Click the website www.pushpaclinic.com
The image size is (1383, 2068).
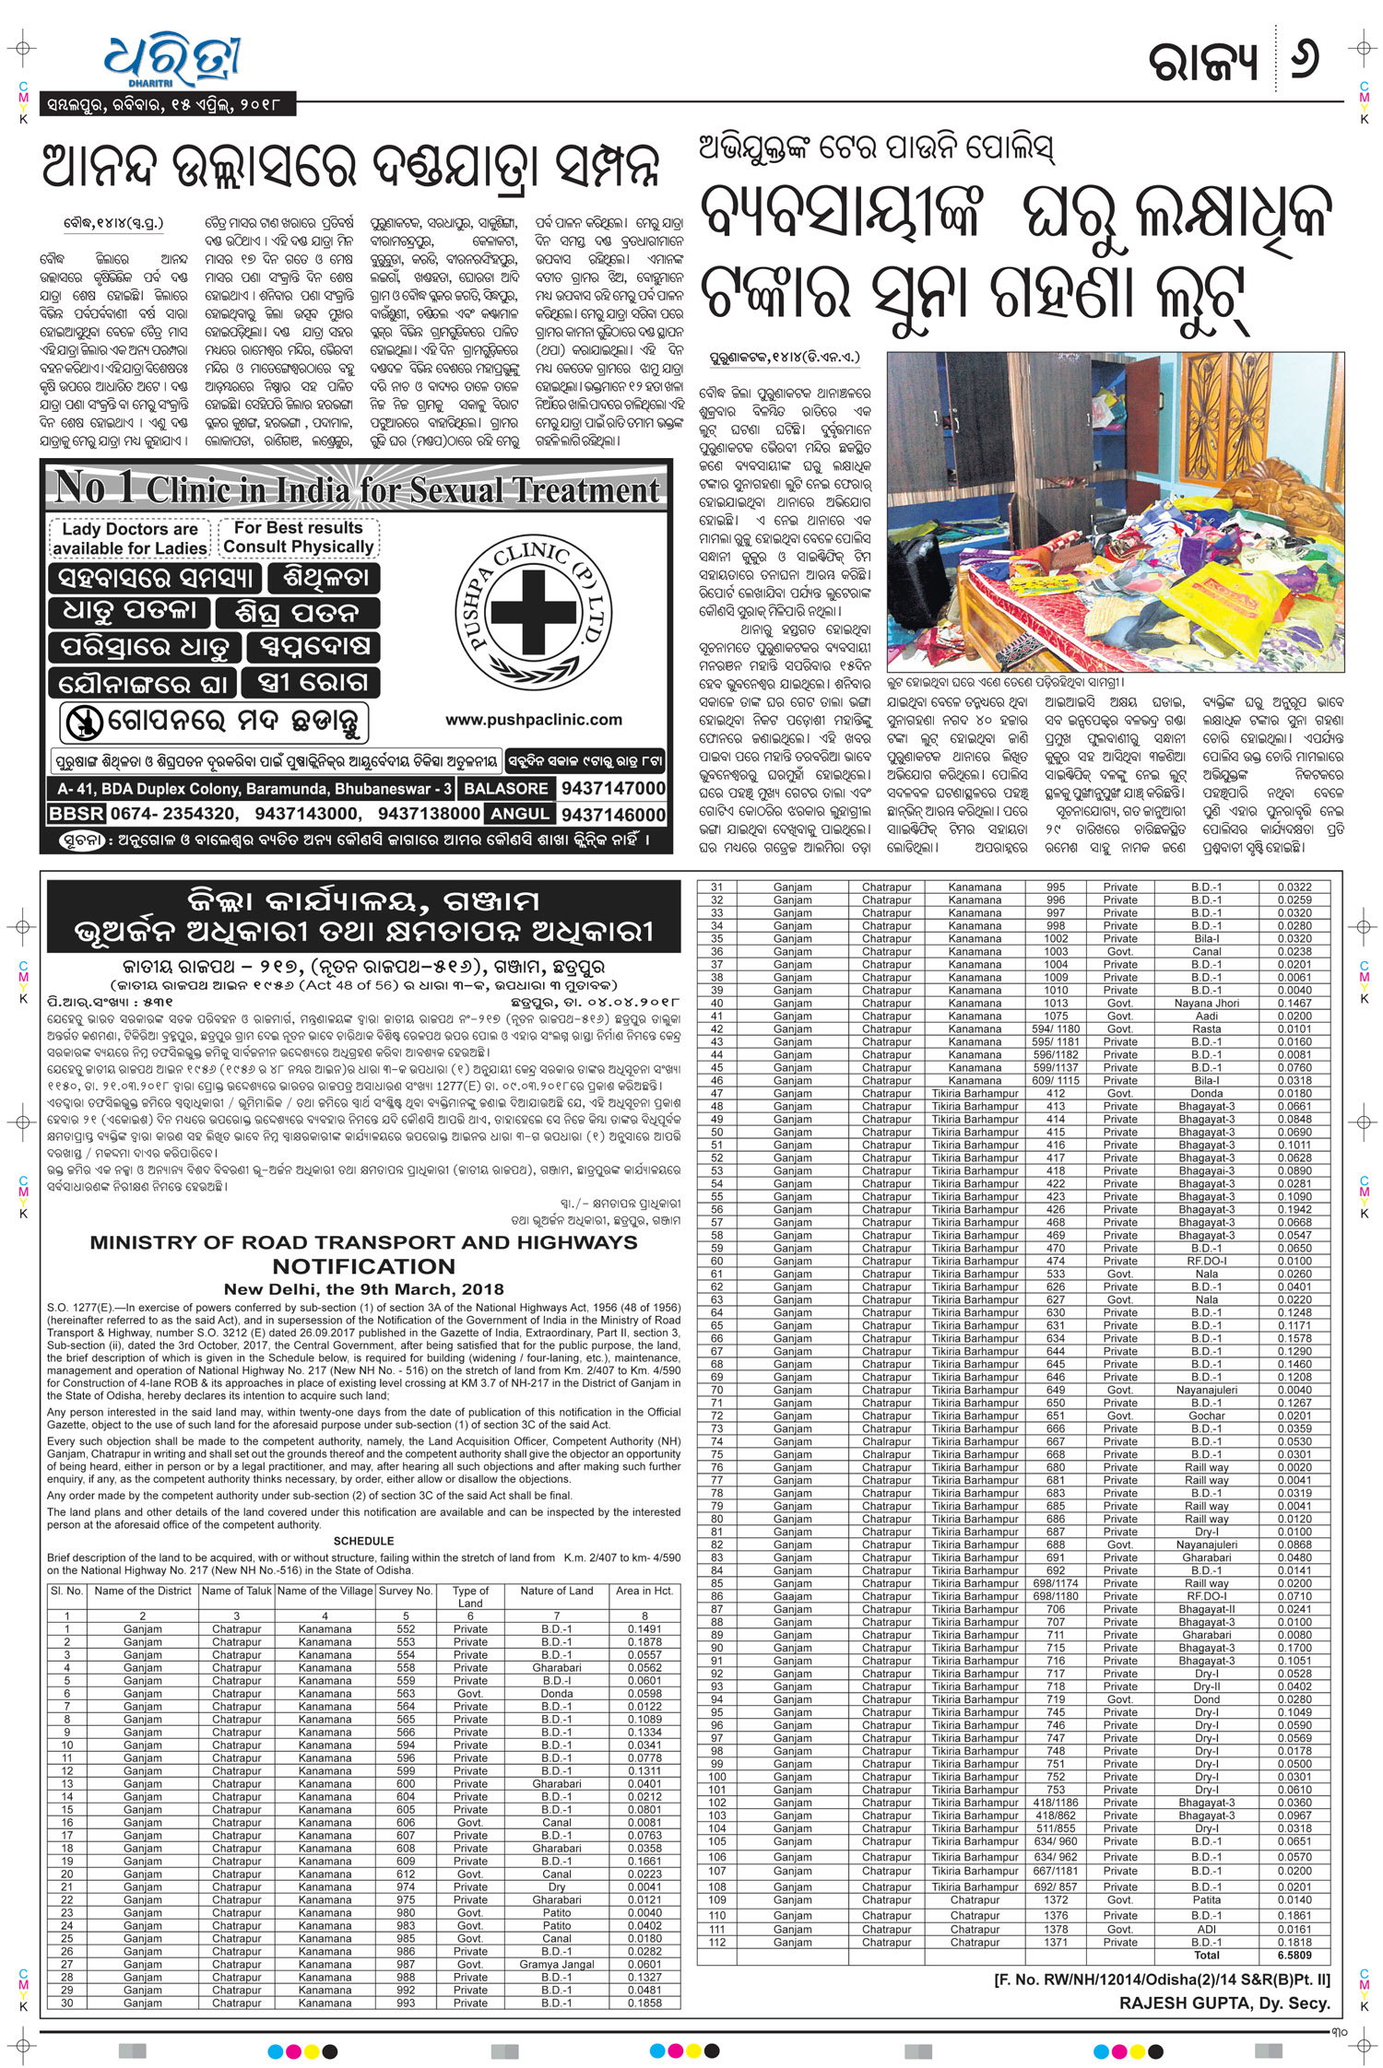533,720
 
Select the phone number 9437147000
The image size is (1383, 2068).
613,788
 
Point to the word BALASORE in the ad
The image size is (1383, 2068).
506,789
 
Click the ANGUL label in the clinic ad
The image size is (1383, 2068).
521,815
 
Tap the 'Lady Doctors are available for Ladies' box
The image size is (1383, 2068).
129,539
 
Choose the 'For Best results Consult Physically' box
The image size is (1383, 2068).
298,537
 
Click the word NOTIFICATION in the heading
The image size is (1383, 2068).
363,1266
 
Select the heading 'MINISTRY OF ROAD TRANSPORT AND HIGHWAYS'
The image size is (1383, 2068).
363,1242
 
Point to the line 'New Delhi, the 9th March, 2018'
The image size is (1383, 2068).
363,1289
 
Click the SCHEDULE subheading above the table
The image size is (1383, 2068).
363,1541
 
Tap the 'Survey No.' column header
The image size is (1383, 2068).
405,1591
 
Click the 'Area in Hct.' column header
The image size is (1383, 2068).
644,1591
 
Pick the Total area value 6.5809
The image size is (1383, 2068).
1294,1955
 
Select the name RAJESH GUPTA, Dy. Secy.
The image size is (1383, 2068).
1224,2003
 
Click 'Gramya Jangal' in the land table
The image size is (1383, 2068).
557,1964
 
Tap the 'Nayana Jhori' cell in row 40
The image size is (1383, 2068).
1206,1003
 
